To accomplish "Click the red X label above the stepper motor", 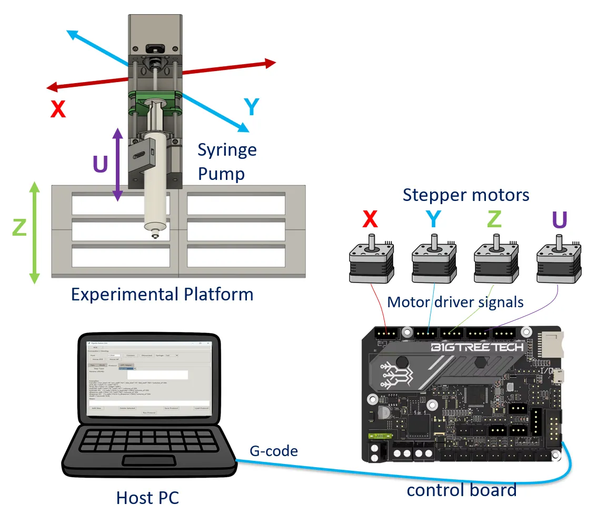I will (x=370, y=219).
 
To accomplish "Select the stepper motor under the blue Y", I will (x=433, y=262).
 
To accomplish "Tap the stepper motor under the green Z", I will (x=495, y=262).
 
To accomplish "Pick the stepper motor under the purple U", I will (x=558, y=262).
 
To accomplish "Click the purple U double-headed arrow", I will (x=117, y=166).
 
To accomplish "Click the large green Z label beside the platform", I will (x=18, y=227).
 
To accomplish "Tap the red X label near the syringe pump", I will (x=57, y=109).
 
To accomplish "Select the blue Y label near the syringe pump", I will (x=252, y=107).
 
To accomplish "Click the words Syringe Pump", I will (x=227, y=162).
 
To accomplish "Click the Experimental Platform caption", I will (x=162, y=294).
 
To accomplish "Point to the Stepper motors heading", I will (x=465, y=195).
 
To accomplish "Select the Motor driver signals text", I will (x=455, y=302).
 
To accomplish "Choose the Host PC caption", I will (x=147, y=497).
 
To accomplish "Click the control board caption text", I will (x=461, y=490).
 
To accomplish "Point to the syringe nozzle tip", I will (x=155, y=235).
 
